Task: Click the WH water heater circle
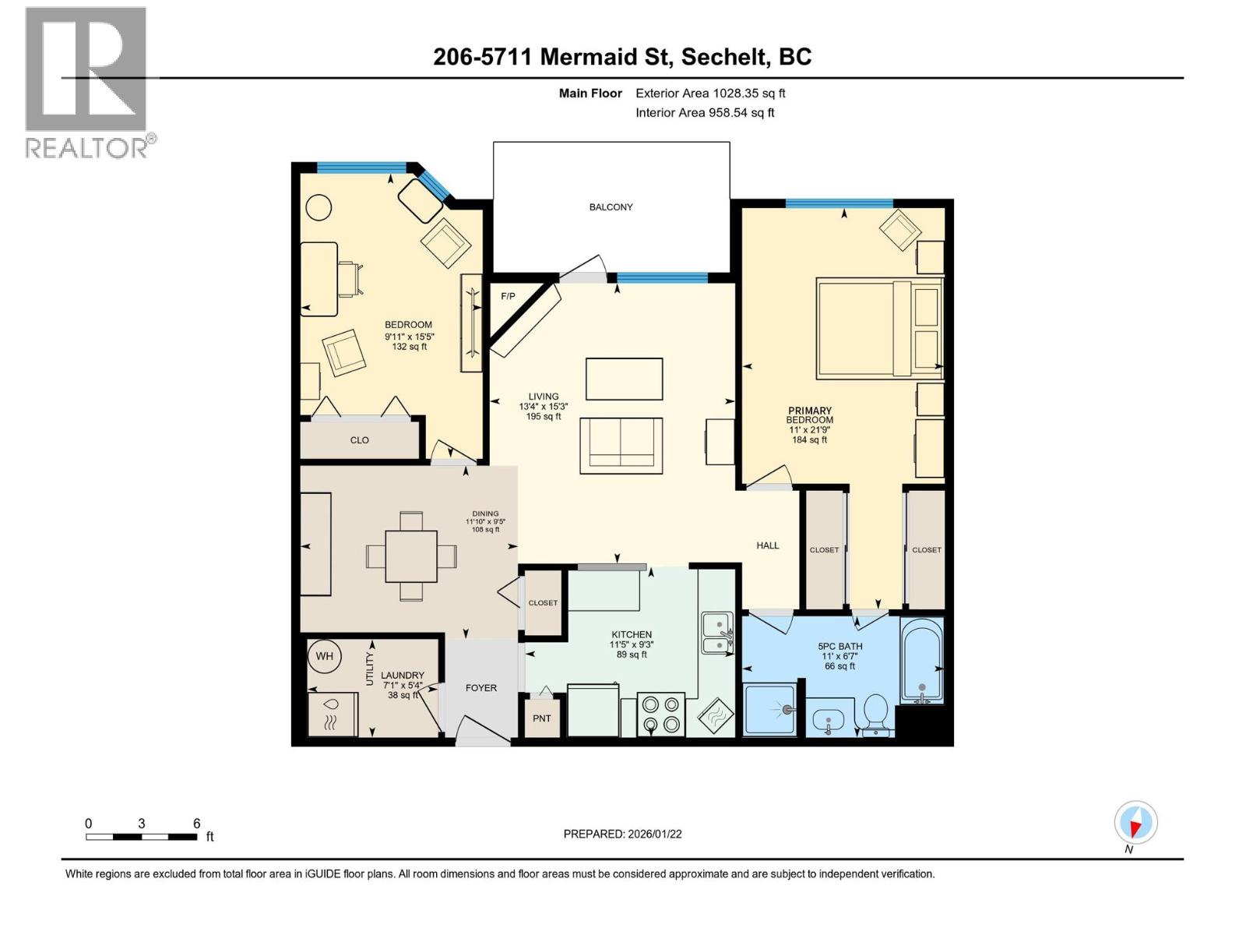click(324, 656)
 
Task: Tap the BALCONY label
click(611, 207)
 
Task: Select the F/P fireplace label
click(508, 296)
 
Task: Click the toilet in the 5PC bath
click(876, 714)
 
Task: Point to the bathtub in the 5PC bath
click(922, 660)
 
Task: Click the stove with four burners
click(660, 714)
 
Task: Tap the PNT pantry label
click(541, 718)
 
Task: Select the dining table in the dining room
click(411, 556)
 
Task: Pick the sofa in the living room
click(621, 446)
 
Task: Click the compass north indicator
click(1135, 824)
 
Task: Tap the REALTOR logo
click(86, 83)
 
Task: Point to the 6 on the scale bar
click(197, 824)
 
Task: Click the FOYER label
click(480, 688)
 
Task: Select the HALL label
click(767, 545)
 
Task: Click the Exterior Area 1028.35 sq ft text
click(709, 93)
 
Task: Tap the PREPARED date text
click(622, 834)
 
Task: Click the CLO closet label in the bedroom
click(359, 440)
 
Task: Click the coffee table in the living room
click(624, 379)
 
